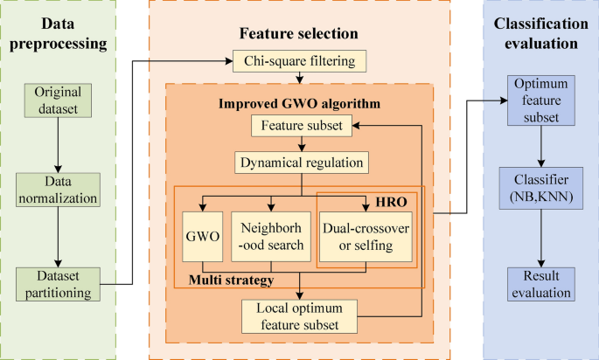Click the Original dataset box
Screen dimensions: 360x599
point(57,99)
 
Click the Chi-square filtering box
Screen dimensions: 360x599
point(299,60)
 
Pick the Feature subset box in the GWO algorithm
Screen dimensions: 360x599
point(302,127)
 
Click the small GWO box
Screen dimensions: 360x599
point(204,237)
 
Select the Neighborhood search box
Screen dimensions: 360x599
point(271,237)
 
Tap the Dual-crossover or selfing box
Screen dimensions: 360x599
point(366,237)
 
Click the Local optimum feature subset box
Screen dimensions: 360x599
point(302,315)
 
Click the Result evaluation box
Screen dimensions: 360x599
point(540,284)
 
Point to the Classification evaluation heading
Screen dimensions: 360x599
point(540,33)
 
